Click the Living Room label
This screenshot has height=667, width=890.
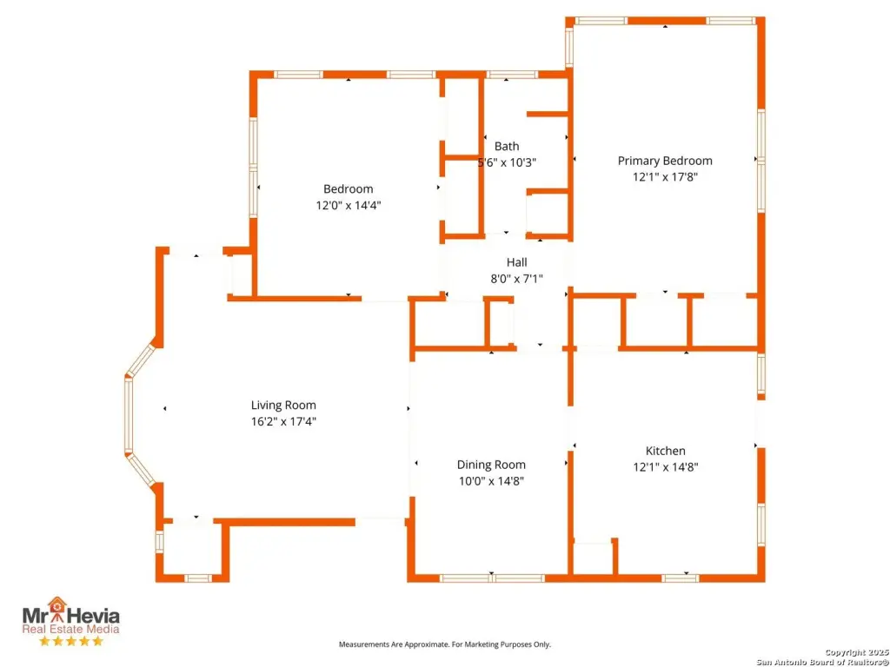pyautogui.click(x=283, y=405)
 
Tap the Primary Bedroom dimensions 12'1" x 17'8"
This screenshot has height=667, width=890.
pyautogui.click(x=665, y=176)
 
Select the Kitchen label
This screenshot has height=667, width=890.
pyautogui.click(x=665, y=451)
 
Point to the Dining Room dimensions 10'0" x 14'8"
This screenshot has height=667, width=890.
pyautogui.click(x=491, y=481)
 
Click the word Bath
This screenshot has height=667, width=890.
pyautogui.click(x=507, y=146)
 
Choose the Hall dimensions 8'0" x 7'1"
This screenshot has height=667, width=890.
pyautogui.click(x=516, y=279)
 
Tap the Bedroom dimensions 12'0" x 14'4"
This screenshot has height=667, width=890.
pyautogui.click(x=348, y=205)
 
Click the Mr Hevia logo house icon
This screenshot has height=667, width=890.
pyautogui.click(x=56, y=605)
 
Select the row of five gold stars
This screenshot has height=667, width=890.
pyautogui.click(x=71, y=641)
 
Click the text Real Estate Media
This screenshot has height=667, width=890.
pyautogui.click(x=71, y=629)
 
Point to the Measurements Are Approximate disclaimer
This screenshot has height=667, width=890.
pyautogui.click(x=444, y=644)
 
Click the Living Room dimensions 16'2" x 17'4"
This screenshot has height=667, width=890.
pyautogui.click(x=283, y=421)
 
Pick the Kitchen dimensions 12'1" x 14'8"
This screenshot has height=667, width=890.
pyautogui.click(x=665, y=466)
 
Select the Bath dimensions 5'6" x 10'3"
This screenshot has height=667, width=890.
pyautogui.click(x=507, y=162)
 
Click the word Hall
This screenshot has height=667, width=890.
pyautogui.click(x=516, y=262)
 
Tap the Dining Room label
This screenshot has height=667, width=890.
pyautogui.click(x=491, y=465)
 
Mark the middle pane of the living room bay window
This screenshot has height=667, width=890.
pyautogui.click(x=129, y=415)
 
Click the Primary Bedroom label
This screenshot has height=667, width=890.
pyautogui.click(x=665, y=161)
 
